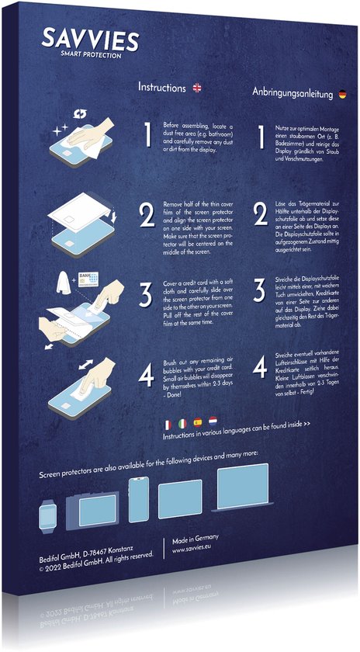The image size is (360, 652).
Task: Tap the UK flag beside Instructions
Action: (x=197, y=88)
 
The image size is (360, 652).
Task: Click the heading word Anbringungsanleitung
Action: (x=292, y=92)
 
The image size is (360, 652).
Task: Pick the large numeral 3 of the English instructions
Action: (x=145, y=297)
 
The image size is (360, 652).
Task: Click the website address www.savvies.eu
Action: (x=193, y=550)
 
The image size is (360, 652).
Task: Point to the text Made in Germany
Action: (x=196, y=538)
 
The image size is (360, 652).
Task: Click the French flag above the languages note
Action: (x=168, y=425)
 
